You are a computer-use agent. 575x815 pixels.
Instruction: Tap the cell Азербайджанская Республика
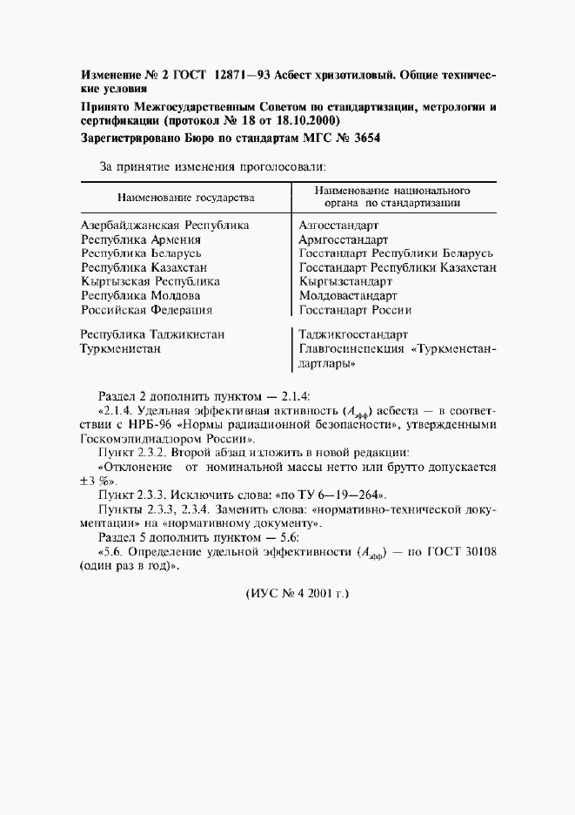click(x=165, y=225)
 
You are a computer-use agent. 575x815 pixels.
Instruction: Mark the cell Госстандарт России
click(x=355, y=309)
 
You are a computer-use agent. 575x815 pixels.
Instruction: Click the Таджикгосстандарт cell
click(x=353, y=334)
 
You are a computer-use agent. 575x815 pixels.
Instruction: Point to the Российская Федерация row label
click(x=146, y=309)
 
